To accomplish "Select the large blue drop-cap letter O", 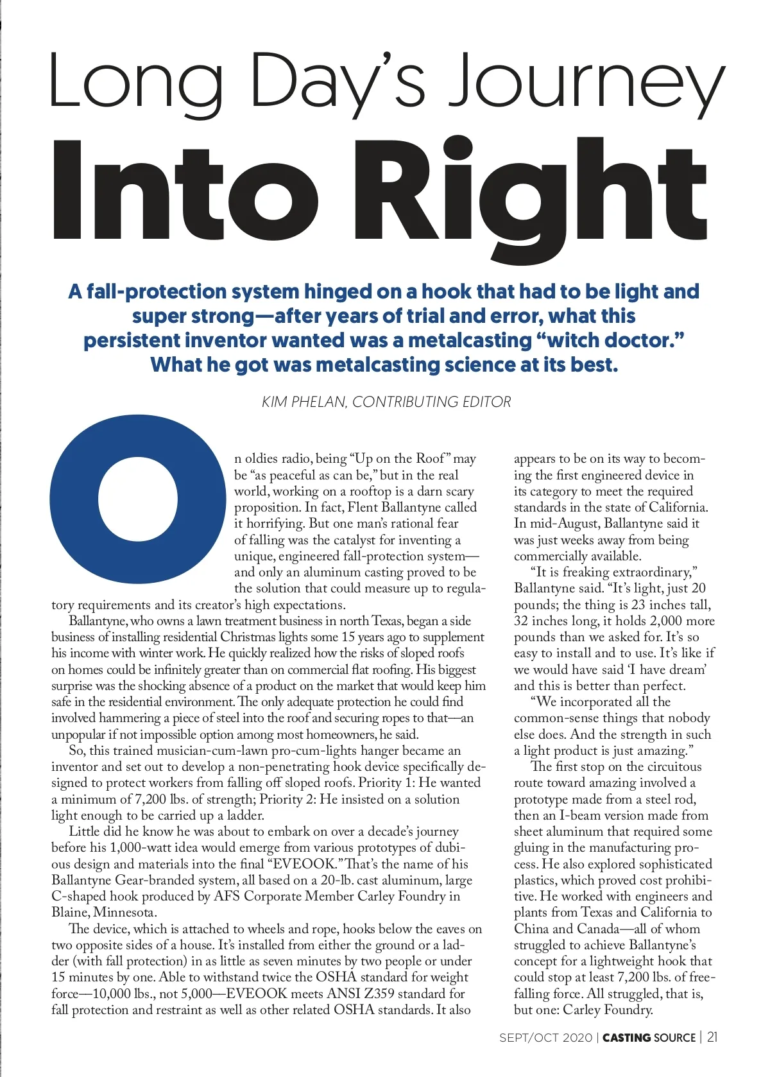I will [137, 499].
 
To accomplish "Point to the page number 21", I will [712, 1038].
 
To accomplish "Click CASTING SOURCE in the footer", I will [649, 1038].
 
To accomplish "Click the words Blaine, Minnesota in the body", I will [104, 912].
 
